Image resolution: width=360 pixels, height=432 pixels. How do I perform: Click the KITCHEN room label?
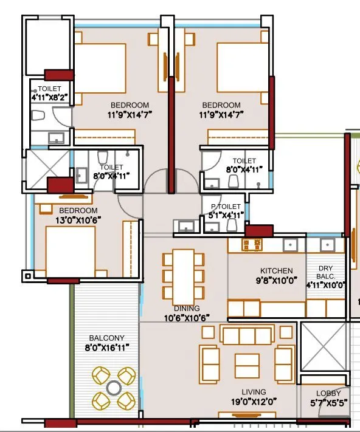tap(277, 271)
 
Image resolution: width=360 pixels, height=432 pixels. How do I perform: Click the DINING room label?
tap(186, 308)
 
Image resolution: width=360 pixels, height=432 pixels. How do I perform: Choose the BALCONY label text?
tap(107, 338)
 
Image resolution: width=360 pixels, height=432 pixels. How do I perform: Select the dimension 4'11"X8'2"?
tap(49, 97)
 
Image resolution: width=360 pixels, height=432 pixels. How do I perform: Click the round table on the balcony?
tap(114, 387)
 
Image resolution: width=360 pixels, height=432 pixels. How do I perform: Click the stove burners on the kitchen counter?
tap(251, 245)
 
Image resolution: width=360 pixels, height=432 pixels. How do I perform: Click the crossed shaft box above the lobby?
tap(324, 346)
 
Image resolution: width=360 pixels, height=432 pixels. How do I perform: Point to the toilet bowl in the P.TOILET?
tap(230, 225)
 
